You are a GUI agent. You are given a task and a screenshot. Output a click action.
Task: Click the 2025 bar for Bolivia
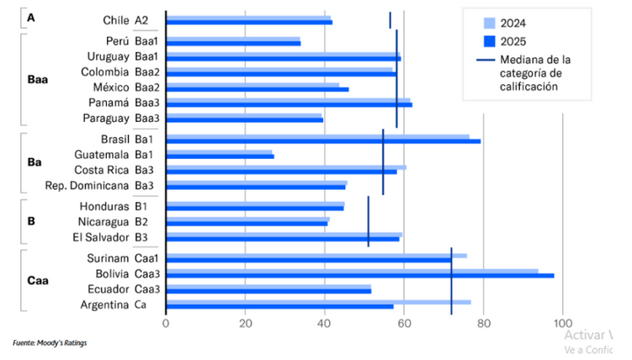359,275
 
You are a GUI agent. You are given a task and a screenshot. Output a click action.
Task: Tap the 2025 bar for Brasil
323,140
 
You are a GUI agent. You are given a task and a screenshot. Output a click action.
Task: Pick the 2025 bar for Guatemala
220,156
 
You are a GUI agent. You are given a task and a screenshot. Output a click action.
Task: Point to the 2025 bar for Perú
234,42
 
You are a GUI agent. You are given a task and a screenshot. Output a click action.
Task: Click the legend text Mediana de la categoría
535,73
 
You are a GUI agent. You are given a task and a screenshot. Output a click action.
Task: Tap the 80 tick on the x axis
483,323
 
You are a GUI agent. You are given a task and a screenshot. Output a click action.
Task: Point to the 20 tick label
245,323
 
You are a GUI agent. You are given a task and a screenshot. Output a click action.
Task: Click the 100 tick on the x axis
562,323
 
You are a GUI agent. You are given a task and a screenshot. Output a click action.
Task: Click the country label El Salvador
100,238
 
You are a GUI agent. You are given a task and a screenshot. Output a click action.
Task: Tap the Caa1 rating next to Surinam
147,257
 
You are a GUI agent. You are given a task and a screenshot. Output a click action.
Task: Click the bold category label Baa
36,80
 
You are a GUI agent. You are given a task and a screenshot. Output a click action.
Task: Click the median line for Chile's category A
390,19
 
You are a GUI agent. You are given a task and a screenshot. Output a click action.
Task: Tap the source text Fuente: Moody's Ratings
50,342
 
